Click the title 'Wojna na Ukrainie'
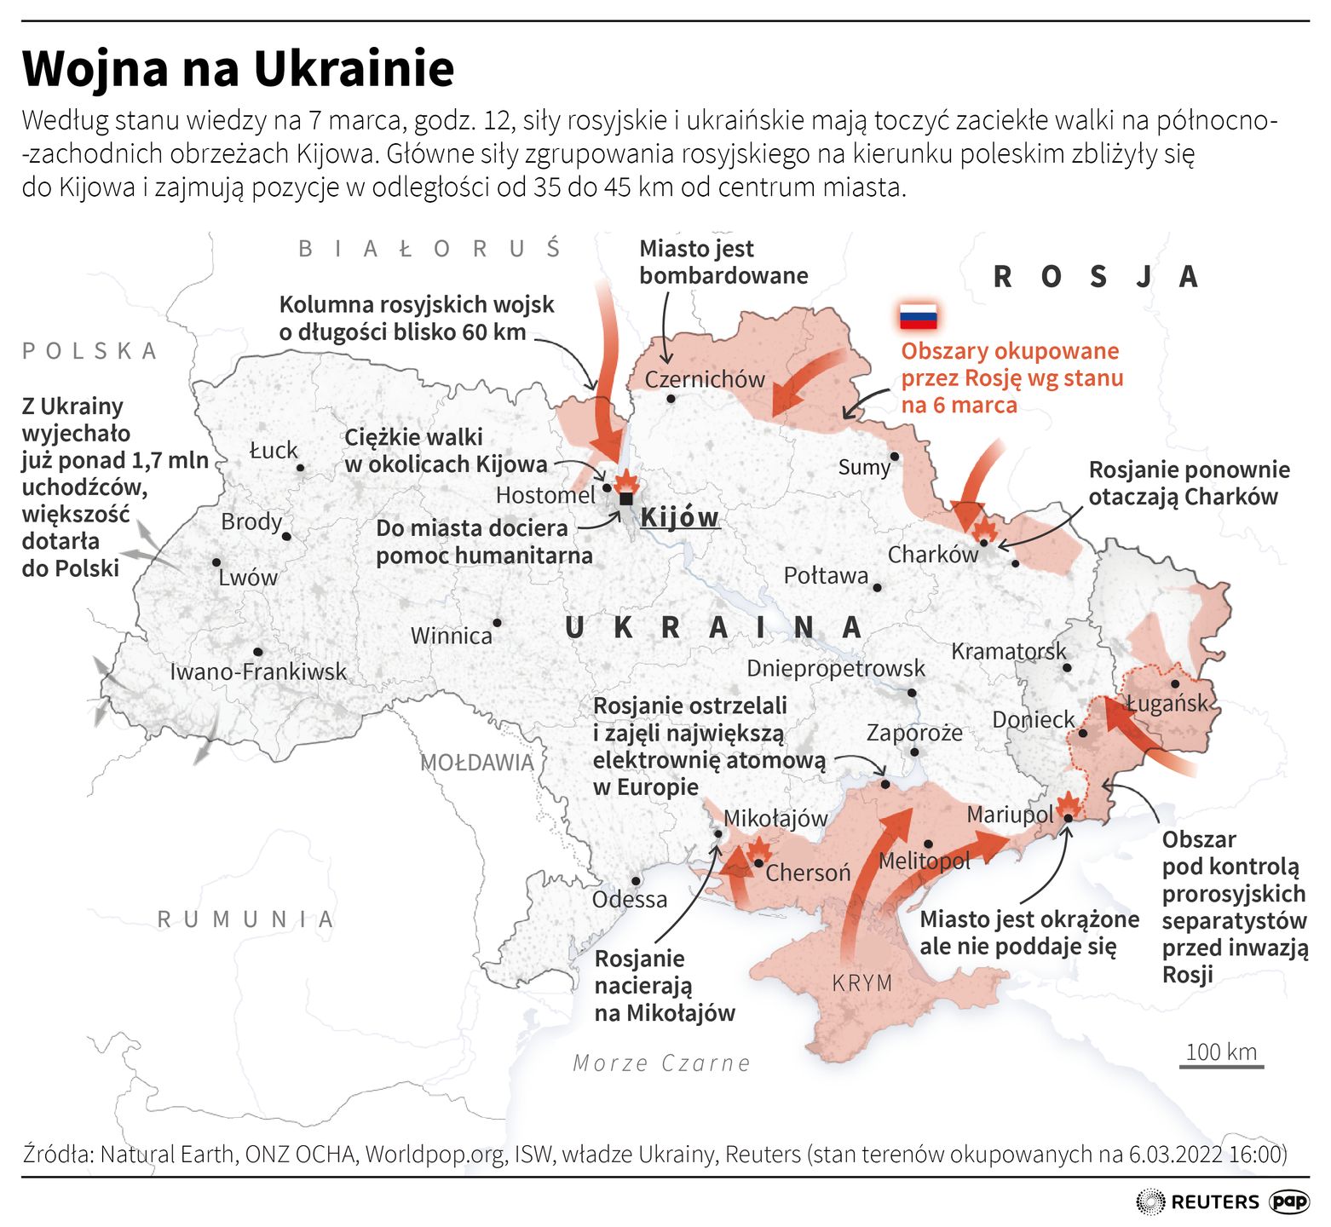tap(238, 69)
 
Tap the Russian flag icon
tap(919, 316)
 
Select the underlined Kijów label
tap(679, 517)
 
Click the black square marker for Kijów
tap(626, 498)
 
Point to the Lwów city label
tap(248, 578)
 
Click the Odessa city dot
tap(636, 881)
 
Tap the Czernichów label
tap(705, 379)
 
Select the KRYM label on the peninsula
tap(861, 982)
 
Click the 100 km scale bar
tap(1221, 1065)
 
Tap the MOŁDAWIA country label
tap(477, 763)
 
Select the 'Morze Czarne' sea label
tap(661, 1063)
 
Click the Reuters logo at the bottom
tap(1196, 1201)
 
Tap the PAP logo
tap(1289, 1201)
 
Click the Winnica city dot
tap(498, 623)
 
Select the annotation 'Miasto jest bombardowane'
tap(723, 262)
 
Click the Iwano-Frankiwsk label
tap(258, 671)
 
